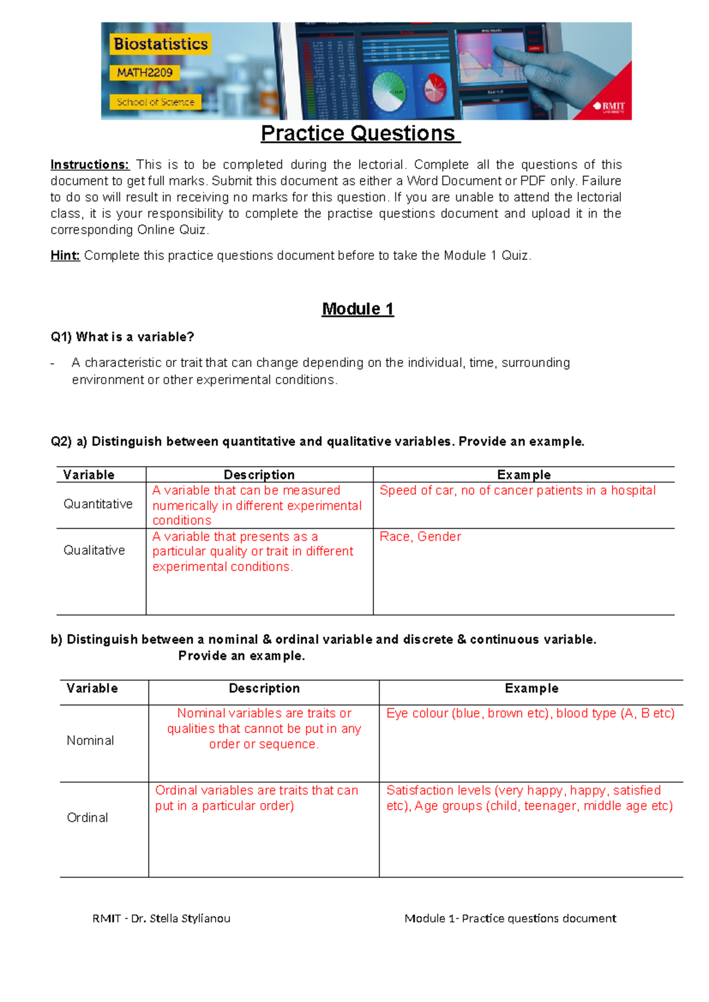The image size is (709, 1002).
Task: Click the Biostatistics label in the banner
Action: [x=160, y=44]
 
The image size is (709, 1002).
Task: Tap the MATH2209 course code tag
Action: [x=145, y=73]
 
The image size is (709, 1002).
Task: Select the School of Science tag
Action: [x=155, y=102]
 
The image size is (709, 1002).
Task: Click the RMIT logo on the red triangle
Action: [x=610, y=107]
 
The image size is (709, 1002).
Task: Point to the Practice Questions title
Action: [x=360, y=134]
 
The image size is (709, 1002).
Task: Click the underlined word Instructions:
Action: [x=89, y=165]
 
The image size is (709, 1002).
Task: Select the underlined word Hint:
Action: [x=65, y=256]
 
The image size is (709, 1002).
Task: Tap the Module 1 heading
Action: [x=357, y=309]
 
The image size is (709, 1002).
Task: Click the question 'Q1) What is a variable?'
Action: [x=122, y=337]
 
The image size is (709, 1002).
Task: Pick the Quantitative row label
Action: [x=98, y=504]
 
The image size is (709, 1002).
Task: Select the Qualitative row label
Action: [x=95, y=550]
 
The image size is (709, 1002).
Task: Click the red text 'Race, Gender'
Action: [x=420, y=536]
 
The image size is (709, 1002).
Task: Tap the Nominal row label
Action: [x=90, y=740]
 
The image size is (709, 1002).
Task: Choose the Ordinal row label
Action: [x=87, y=818]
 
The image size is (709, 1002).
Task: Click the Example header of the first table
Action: [x=523, y=474]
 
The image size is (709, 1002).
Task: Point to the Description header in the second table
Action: [x=264, y=688]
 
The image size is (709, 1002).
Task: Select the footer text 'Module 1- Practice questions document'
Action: [x=510, y=918]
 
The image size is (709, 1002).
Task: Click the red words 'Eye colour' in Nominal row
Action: [x=417, y=713]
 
